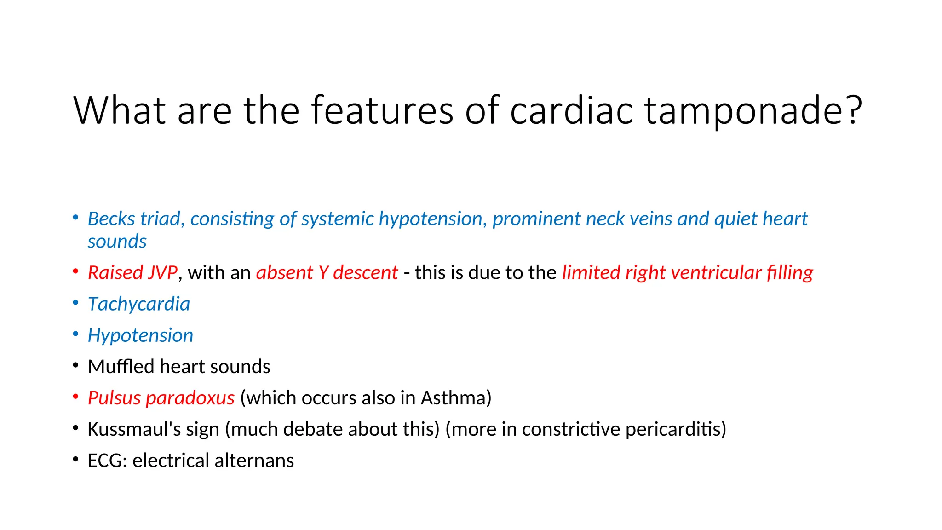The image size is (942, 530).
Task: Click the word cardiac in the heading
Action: (x=570, y=110)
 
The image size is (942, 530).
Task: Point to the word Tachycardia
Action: (x=139, y=304)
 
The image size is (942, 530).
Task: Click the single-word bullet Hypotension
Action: (x=140, y=335)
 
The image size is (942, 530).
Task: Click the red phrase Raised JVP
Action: (x=132, y=272)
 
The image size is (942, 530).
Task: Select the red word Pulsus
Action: (x=114, y=398)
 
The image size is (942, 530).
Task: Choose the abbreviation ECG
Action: (x=106, y=461)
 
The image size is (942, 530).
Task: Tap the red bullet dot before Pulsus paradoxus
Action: (x=75, y=397)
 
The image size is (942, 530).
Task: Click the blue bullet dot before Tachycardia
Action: (x=75, y=303)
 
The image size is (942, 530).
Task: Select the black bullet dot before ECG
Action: (x=75, y=459)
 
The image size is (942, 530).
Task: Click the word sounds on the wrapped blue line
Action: (x=117, y=242)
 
